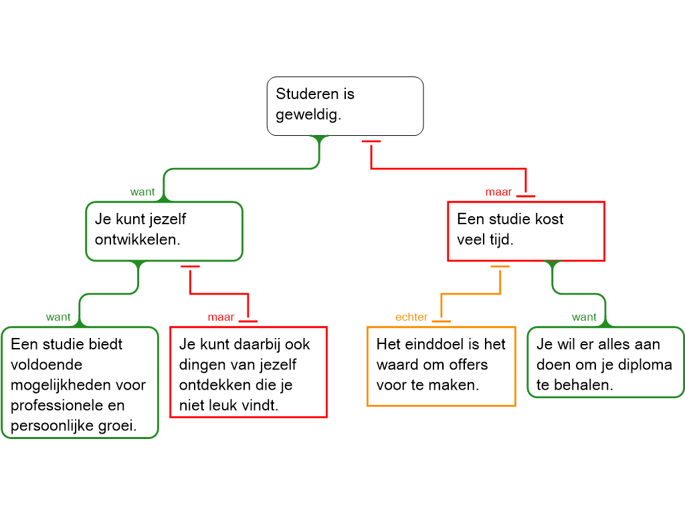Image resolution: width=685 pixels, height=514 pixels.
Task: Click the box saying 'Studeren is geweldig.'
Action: point(345,106)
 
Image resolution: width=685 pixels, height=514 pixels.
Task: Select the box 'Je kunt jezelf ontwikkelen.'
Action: point(164,231)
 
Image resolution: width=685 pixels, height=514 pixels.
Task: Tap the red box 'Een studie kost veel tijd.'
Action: point(526,231)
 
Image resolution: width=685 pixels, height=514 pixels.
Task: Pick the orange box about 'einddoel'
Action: point(442,365)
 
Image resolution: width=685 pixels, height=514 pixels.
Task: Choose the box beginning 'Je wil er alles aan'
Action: point(605,361)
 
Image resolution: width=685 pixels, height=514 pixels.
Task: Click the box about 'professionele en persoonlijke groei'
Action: point(80,382)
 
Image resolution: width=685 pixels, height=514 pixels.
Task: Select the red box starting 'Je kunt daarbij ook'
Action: point(248,372)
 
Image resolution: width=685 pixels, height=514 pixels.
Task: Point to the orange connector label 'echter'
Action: point(411,317)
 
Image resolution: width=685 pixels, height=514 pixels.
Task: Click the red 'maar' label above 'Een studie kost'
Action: point(498,192)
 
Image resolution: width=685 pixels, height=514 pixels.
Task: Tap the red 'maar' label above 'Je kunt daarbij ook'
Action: point(221,317)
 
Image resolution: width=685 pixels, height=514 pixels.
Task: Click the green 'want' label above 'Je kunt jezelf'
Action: point(142,192)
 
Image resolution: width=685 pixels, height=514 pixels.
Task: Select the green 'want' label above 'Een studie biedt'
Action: point(58,317)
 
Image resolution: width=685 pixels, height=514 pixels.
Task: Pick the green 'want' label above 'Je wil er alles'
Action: point(584,317)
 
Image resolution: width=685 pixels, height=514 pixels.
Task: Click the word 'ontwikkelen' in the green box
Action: point(136,240)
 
